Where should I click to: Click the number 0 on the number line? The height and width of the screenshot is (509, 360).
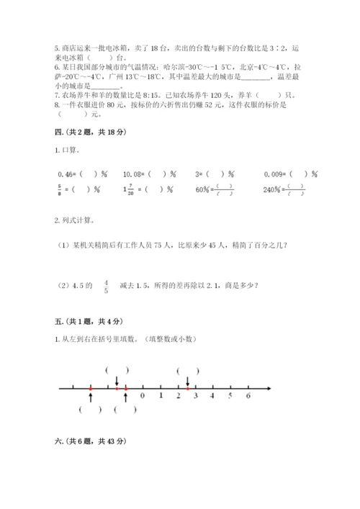coord(143,395)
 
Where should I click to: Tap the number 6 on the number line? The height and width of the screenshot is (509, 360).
coord(248,395)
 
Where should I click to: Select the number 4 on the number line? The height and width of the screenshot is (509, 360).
coord(212,395)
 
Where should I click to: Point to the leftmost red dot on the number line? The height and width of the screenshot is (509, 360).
coord(90,389)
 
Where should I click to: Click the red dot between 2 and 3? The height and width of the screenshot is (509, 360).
coord(187,389)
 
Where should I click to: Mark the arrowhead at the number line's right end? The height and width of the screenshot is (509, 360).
coord(269,389)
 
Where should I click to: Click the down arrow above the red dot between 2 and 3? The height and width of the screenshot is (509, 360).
coord(187,381)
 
